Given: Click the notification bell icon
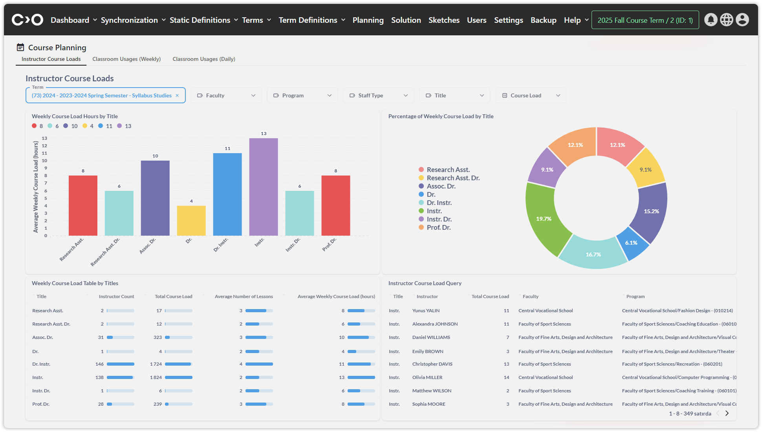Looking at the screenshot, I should point(711,20).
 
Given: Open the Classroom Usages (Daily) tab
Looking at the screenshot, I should point(204,59).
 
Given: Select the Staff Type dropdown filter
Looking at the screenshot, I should point(379,95).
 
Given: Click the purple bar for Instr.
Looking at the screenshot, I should point(263,187).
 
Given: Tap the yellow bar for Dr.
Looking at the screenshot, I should point(191,220).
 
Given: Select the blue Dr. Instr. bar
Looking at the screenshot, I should point(227,194).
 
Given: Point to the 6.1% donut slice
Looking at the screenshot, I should point(632,243).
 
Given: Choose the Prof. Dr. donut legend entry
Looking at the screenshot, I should point(438,227).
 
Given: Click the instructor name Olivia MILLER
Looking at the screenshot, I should point(427,377).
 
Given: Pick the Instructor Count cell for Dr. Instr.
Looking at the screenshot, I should point(99,364).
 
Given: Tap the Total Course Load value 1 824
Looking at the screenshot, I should point(156,377).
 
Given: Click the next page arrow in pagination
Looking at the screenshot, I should point(727,413).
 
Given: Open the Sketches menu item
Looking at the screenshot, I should point(444,20).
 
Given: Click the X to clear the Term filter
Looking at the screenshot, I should point(177,95).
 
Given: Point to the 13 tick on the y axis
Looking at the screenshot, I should point(45,138).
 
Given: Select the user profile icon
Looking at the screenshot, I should point(742,20).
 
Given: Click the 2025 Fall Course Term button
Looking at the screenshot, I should point(645,20).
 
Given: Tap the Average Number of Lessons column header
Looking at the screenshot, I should point(244,297).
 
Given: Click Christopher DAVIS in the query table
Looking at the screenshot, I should point(432,364).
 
